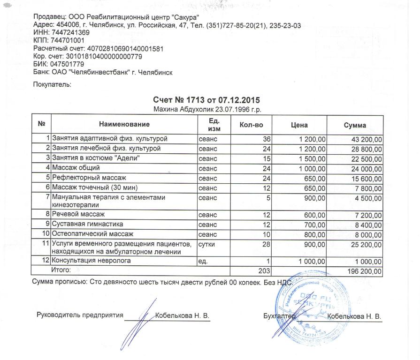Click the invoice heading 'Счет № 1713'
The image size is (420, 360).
[206, 100]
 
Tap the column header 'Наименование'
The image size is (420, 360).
[124, 125]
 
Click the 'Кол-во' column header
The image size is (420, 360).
[251, 125]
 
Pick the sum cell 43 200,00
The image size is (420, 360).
[367, 139]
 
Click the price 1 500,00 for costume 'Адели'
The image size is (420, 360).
[311, 158]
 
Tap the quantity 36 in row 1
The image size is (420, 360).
[267, 139]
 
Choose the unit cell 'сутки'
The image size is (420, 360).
[207, 244]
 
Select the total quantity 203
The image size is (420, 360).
[265, 270]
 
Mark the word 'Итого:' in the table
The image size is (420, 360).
[61, 270]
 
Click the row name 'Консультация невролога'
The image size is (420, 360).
[91, 261]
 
